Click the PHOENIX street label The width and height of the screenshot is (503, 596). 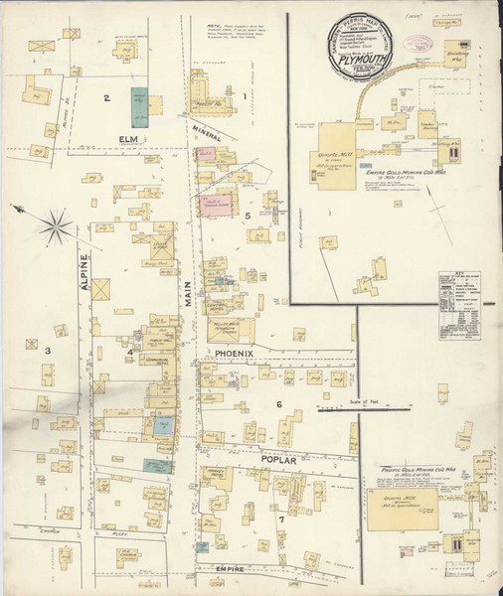[x=233, y=353]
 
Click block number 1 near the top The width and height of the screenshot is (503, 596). [x=243, y=95]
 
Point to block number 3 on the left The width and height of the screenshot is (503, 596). [x=46, y=350]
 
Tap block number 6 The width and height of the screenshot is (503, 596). [x=279, y=404]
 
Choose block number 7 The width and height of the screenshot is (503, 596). [x=281, y=518]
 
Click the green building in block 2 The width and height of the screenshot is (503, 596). [x=138, y=105]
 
